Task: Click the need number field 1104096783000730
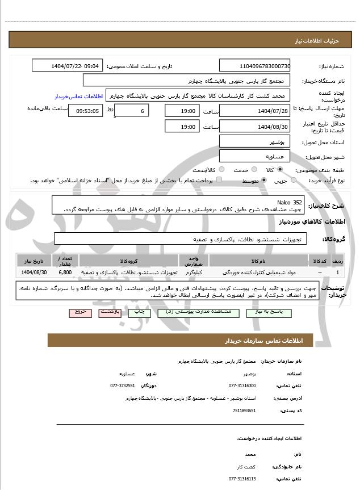tap(254, 66)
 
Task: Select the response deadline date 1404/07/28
tap(254, 111)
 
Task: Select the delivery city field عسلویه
tap(254, 156)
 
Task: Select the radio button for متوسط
tap(264, 181)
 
